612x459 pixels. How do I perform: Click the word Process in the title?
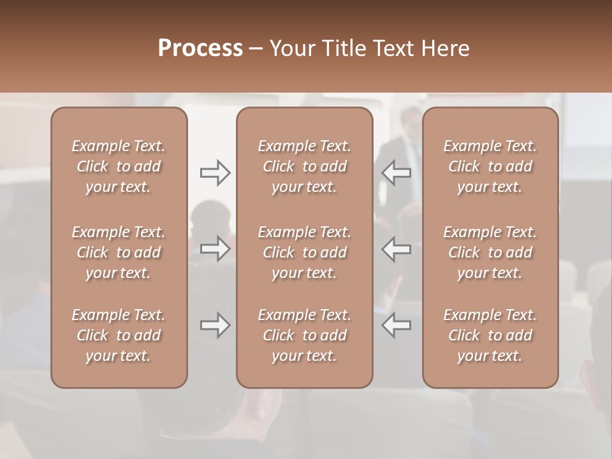pos(200,48)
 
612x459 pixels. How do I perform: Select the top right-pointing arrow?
pos(215,172)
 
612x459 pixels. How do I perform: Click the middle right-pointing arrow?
pos(215,249)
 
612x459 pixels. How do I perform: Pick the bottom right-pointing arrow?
pos(215,325)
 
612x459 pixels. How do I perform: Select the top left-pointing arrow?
pos(397,172)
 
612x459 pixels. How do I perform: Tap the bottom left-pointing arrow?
pos(397,325)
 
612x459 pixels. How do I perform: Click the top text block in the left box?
pos(119,166)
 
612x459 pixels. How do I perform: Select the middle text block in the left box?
pos(119,252)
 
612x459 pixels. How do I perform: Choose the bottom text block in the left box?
pos(119,335)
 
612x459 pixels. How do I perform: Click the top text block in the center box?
pos(304,166)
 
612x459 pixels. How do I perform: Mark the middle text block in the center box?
pos(304,252)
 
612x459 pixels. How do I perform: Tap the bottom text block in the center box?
pos(304,335)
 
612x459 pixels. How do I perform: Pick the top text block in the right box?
pos(490,166)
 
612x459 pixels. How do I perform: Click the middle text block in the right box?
pos(490,252)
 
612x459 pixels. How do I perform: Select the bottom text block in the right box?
pos(490,335)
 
